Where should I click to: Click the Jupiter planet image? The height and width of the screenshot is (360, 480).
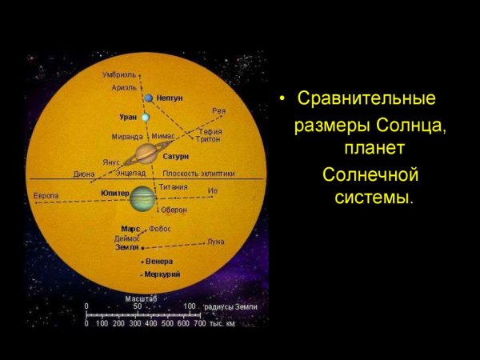143,198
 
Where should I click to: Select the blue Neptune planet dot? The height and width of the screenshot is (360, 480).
149,98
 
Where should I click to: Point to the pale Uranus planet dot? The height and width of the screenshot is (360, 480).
146,118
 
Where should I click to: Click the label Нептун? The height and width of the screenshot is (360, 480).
170,98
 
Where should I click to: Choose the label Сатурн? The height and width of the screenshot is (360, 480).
175,157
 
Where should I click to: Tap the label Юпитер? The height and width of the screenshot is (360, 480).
115,194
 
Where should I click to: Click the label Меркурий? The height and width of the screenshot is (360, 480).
162,274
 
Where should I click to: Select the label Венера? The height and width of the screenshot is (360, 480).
160,262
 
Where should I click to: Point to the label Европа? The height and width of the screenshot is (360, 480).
46,195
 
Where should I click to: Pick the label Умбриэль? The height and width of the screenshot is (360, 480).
118,74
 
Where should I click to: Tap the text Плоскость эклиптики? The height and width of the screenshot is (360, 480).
199,173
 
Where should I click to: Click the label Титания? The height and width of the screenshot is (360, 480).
173,187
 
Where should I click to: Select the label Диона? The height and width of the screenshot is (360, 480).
84,173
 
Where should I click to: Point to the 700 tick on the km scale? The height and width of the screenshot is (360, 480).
200,323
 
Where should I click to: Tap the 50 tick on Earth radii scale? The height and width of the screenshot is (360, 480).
138,306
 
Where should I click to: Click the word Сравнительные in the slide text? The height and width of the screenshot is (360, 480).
366,99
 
